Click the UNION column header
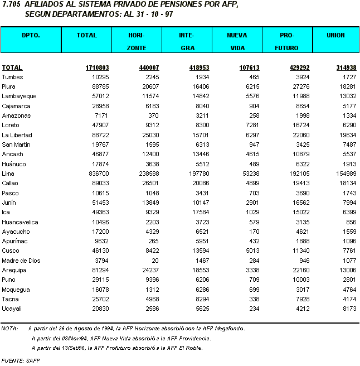[x=336, y=35]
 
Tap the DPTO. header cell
[x=31, y=35]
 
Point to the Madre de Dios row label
[x=19, y=261]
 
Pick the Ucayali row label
[x=12, y=309]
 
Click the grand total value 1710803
[x=97, y=68]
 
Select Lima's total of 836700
[x=98, y=174]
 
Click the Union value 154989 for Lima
[x=344, y=174]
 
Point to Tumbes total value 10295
[x=100, y=77]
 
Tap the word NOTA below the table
[x=9, y=329]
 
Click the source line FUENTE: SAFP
[x=21, y=360]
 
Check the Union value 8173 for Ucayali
[x=348, y=309]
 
